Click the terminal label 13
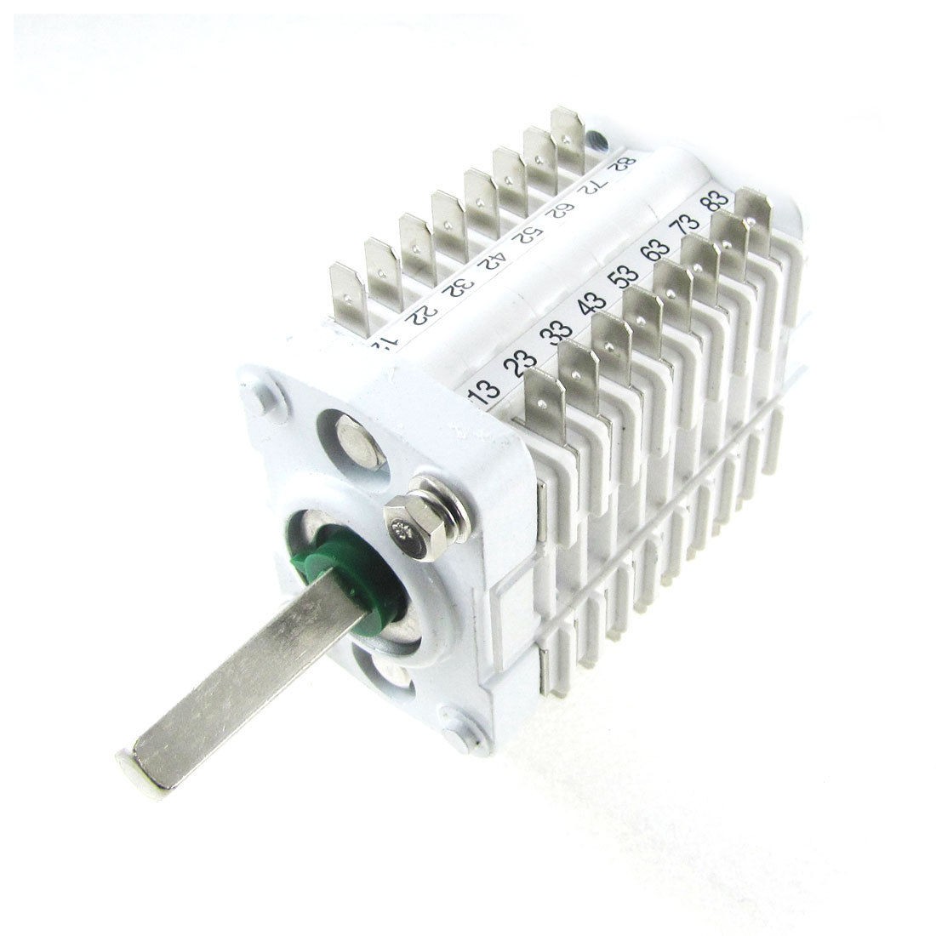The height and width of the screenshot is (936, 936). pyautogui.click(x=484, y=393)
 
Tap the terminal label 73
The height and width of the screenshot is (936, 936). pyautogui.click(x=685, y=226)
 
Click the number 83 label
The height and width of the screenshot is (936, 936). pyautogui.click(x=716, y=202)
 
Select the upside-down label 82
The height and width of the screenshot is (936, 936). pyautogui.click(x=627, y=163)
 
